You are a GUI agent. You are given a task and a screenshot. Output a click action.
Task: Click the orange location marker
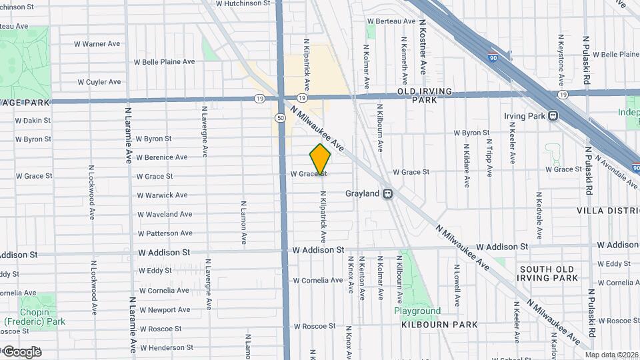[x=320, y=159]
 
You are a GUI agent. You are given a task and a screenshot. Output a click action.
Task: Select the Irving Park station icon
[x=553, y=115]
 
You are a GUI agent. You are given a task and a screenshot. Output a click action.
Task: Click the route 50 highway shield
[x=281, y=118]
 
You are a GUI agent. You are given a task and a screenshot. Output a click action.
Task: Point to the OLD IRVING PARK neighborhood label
[x=425, y=95]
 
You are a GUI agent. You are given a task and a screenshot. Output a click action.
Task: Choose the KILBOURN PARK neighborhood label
[x=439, y=325]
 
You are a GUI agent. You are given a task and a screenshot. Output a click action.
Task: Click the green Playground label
[x=417, y=311]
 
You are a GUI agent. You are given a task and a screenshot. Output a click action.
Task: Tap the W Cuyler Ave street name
[x=99, y=82]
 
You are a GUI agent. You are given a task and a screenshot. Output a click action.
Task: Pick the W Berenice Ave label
[x=161, y=157]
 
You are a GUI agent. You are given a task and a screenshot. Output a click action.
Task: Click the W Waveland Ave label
[x=165, y=214]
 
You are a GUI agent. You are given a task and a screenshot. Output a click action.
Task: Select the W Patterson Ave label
[x=165, y=233]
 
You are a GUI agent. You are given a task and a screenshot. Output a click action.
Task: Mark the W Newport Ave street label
[x=165, y=310]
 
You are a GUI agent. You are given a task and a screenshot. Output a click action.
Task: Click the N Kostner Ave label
[x=423, y=47]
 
